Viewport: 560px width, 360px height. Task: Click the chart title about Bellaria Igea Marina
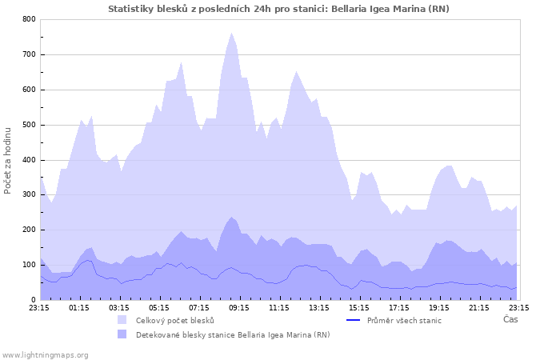click(x=278, y=9)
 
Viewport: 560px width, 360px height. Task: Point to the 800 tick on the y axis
click(x=29, y=19)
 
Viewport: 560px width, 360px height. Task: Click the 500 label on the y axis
click(x=29, y=125)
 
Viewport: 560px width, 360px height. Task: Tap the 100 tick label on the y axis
click(x=29, y=265)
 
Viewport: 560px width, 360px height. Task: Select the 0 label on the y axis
click(x=32, y=300)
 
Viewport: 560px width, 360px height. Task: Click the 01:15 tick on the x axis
click(x=79, y=306)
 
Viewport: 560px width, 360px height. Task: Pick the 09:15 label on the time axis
click(x=239, y=306)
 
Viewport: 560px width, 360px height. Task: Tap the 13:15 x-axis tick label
click(x=319, y=306)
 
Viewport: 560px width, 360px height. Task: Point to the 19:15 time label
click(x=439, y=306)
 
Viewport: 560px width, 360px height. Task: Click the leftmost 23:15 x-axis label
click(x=39, y=306)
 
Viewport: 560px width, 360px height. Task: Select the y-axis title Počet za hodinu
click(x=8, y=160)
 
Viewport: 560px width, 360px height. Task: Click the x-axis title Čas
click(x=510, y=319)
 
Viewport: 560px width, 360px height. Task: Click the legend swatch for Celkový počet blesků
click(x=122, y=320)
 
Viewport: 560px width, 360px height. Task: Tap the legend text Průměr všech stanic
click(x=404, y=320)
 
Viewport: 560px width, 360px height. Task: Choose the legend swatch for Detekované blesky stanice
click(x=122, y=334)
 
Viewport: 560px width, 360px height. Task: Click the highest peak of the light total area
click(x=232, y=33)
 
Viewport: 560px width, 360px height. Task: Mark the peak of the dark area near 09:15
click(x=232, y=217)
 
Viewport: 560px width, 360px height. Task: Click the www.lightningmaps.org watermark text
click(x=45, y=354)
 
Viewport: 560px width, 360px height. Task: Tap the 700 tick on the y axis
click(x=29, y=54)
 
